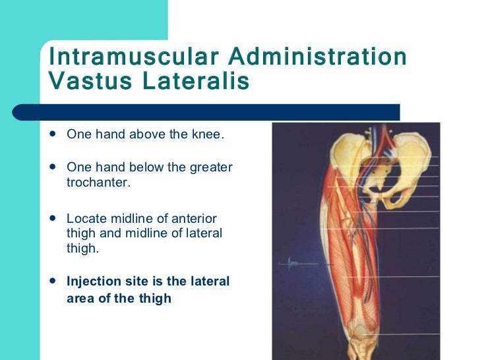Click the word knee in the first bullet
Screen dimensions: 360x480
coord(210,135)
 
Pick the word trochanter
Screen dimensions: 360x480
coord(98,182)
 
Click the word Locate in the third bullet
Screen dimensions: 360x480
coord(85,218)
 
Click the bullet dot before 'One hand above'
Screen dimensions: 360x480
coord(53,134)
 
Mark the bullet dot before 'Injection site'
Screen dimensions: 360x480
coord(53,282)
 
